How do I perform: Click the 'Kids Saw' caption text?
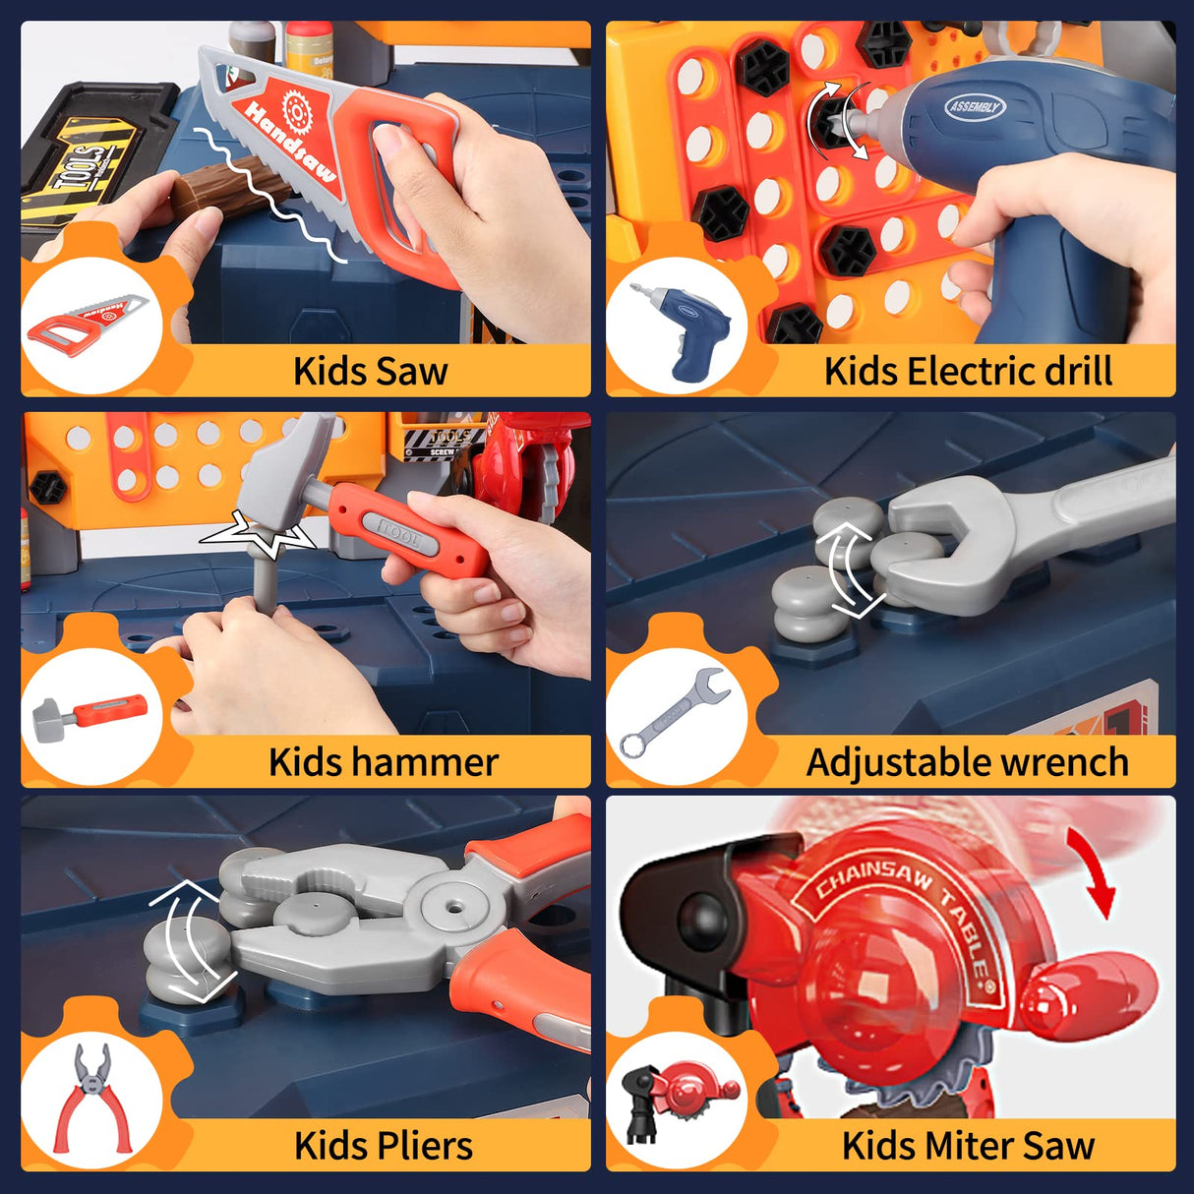pos(370,371)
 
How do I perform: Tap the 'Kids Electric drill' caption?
pos(968,371)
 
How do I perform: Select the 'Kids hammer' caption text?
pos(383,762)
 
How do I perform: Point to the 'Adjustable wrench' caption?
pos(967,762)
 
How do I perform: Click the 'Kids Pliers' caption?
pos(383,1146)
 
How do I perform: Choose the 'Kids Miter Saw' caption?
pos(968,1146)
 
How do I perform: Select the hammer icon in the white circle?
pos(90,713)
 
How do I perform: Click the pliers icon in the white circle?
pos(92,1096)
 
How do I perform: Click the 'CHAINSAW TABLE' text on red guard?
pos(900,910)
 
